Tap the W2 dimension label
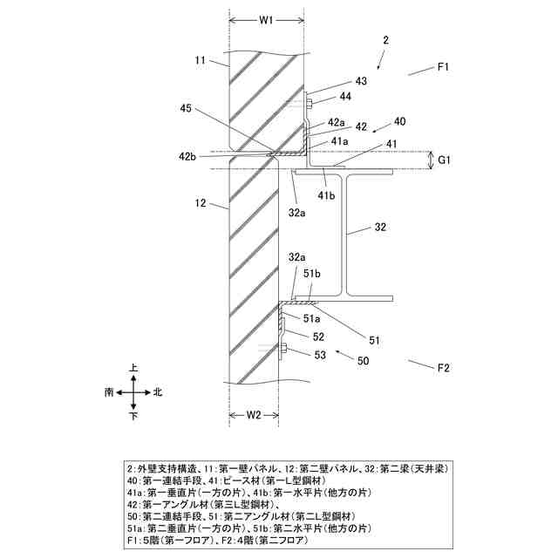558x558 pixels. (254, 415)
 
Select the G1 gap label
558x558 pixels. (445, 160)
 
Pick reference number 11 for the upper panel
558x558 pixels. (200, 60)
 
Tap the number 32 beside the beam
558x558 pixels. (380, 228)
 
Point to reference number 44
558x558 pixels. (345, 97)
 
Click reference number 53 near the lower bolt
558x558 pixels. (320, 354)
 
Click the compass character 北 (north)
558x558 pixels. (158, 392)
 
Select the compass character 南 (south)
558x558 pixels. (108, 392)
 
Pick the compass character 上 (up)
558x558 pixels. (133, 369)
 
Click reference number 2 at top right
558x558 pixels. (385, 40)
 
